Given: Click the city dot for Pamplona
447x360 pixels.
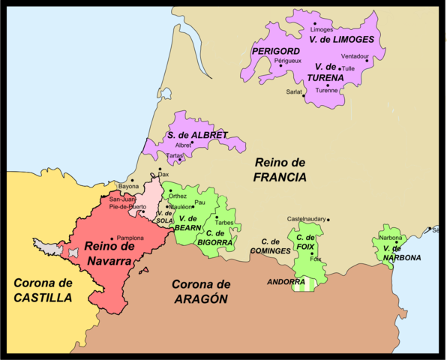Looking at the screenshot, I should [x=112, y=238].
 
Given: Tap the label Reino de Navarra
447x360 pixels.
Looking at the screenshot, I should [x=109, y=253].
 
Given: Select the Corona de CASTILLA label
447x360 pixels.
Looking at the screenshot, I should [x=43, y=289].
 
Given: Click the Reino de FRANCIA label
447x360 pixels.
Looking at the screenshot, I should [x=279, y=170].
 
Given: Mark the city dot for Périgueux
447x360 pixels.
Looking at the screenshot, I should [x=281, y=66].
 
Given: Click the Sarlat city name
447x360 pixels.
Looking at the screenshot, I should [x=293, y=91].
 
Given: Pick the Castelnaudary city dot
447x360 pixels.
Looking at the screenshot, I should [x=328, y=219].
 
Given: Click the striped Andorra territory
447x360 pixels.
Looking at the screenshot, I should [x=303, y=283].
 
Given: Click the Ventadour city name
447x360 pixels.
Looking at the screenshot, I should [x=354, y=56].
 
